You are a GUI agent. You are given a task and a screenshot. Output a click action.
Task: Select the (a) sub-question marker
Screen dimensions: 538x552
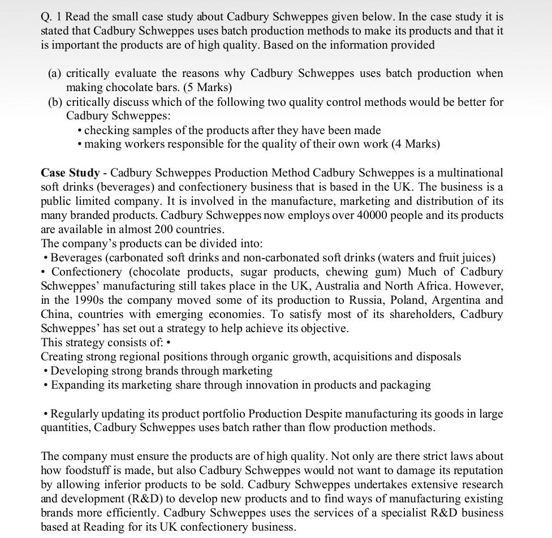coord(55,74)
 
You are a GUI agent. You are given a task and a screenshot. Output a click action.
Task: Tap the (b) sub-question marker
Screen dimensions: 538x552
coord(55,102)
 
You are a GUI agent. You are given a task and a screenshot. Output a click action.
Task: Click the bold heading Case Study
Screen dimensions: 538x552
coord(70,173)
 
